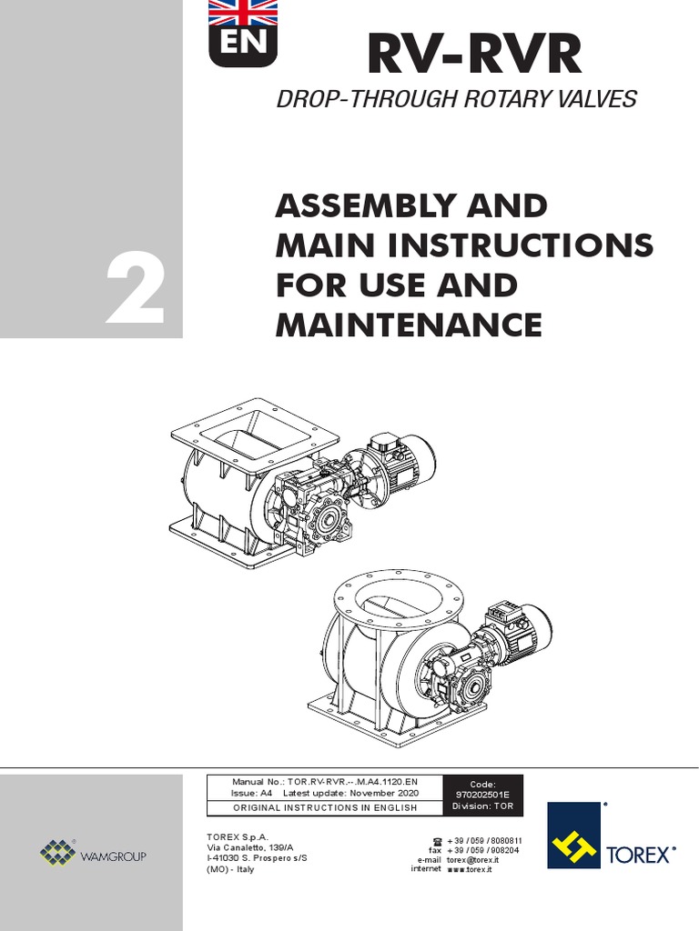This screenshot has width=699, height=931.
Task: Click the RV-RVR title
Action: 473,55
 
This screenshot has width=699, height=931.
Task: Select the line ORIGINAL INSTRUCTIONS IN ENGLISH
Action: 326,807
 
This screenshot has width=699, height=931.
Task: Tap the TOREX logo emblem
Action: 574,835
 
